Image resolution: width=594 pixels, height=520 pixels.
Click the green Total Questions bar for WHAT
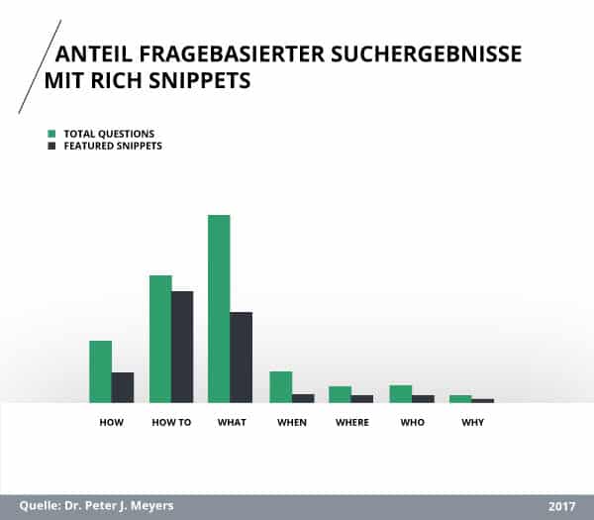click(x=219, y=309)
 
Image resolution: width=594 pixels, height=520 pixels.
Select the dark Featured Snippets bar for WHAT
click(x=242, y=358)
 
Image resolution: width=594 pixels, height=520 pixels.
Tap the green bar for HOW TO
click(x=160, y=339)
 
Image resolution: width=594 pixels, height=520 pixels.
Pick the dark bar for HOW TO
click(x=182, y=347)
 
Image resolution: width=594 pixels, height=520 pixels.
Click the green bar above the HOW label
click(x=100, y=371)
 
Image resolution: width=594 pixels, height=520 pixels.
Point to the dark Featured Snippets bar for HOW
click(x=123, y=387)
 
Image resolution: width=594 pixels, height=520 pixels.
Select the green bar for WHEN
click(x=281, y=387)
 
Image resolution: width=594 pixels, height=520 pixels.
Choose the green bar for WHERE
click(x=341, y=394)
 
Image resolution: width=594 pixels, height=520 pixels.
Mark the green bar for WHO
click(x=400, y=393)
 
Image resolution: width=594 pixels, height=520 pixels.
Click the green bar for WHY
click(x=460, y=398)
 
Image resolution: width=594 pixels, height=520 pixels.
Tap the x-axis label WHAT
click(x=232, y=423)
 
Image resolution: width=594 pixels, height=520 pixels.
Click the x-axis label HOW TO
click(x=171, y=423)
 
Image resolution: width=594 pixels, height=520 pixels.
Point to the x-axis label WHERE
click(x=351, y=423)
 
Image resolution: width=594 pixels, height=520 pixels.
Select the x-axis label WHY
click(x=472, y=423)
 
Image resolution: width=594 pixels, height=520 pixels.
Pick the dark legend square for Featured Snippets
click(x=51, y=146)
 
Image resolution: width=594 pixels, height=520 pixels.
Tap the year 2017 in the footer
click(x=561, y=506)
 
